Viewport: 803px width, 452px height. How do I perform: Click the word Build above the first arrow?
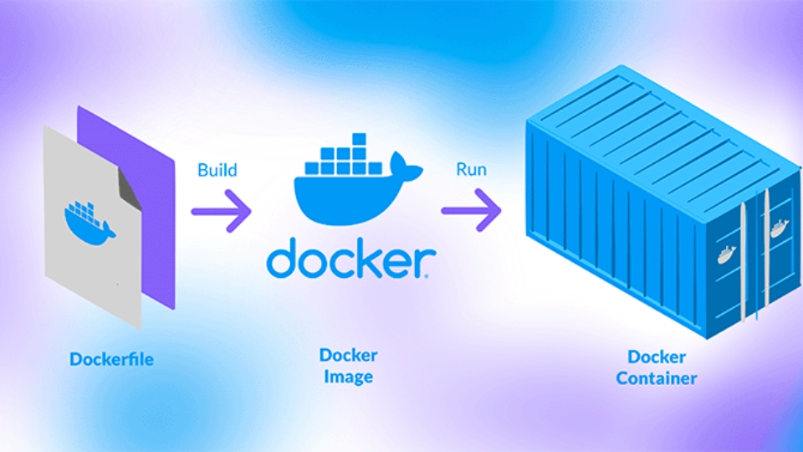(x=217, y=170)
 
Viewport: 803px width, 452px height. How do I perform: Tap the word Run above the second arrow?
(x=471, y=170)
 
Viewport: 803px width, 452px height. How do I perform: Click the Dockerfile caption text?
(x=112, y=360)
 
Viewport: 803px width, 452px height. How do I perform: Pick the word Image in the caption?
(x=349, y=378)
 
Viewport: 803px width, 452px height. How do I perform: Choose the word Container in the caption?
(x=657, y=378)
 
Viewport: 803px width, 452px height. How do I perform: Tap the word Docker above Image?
(x=349, y=355)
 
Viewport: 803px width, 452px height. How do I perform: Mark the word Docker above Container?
(x=657, y=357)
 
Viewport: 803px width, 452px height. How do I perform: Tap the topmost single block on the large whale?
(x=358, y=139)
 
